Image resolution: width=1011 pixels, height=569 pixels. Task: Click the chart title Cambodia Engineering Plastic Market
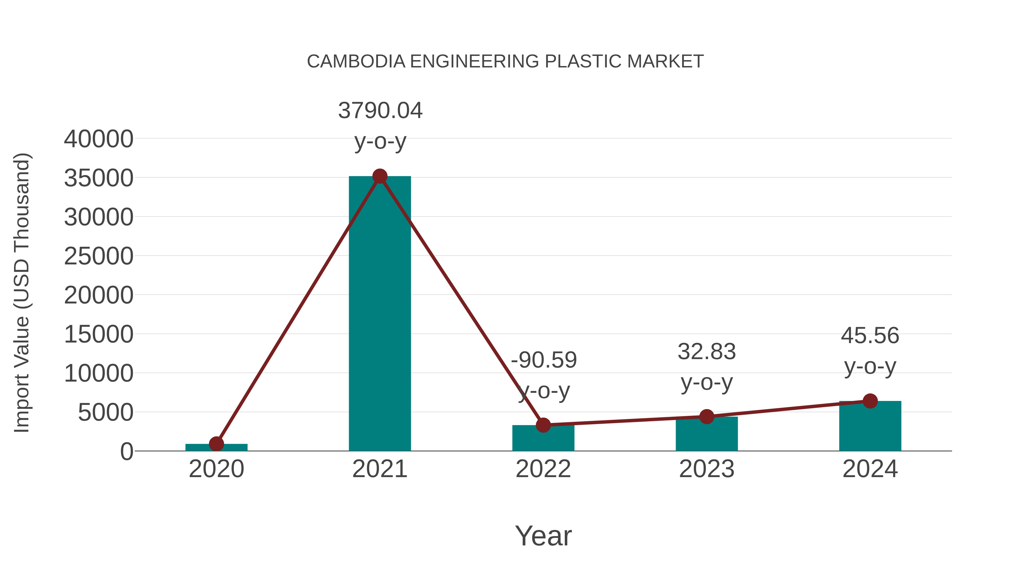(x=505, y=62)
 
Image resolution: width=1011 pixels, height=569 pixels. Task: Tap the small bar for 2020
(x=216, y=447)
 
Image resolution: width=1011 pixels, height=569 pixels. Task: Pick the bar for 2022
(x=543, y=439)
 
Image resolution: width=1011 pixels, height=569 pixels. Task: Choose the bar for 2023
(x=707, y=434)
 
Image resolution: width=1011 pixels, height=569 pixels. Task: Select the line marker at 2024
(x=870, y=401)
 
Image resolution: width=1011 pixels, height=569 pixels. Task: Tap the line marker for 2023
(x=707, y=417)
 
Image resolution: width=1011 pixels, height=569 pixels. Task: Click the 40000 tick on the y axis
(x=99, y=139)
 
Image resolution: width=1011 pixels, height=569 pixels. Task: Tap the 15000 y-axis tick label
(x=99, y=335)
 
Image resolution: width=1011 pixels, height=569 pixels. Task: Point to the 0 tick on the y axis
(x=127, y=452)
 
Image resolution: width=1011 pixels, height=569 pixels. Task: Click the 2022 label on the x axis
(x=543, y=469)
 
